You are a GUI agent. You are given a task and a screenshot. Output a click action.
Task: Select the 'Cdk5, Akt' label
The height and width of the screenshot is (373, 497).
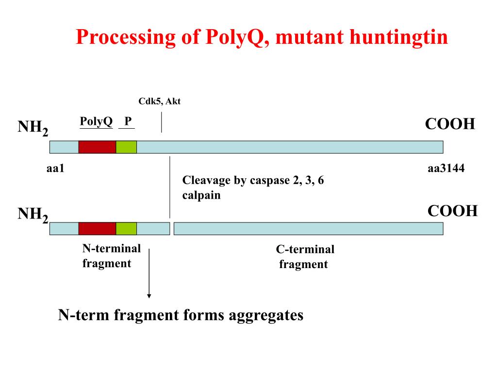(x=159, y=101)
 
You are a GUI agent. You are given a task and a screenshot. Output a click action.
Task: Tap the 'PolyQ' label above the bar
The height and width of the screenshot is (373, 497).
(x=96, y=121)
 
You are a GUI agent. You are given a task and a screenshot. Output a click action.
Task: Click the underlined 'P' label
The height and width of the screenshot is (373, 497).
(x=127, y=121)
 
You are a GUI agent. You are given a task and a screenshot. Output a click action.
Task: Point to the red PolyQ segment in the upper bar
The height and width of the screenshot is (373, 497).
(x=97, y=147)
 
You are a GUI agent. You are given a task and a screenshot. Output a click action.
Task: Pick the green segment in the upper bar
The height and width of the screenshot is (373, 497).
(x=126, y=147)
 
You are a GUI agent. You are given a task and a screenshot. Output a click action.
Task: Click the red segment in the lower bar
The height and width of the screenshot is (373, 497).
(x=97, y=228)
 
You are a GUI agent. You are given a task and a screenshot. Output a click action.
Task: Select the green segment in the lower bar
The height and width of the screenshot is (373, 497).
(x=126, y=228)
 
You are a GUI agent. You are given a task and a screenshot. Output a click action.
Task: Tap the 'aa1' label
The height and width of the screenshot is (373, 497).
(x=56, y=169)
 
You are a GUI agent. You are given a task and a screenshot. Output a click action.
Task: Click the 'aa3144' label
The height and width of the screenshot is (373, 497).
(x=446, y=169)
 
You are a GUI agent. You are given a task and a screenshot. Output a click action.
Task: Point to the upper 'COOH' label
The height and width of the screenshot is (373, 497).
(x=449, y=124)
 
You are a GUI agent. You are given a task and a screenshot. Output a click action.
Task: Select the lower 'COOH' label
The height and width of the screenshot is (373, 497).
(x=452, y=211)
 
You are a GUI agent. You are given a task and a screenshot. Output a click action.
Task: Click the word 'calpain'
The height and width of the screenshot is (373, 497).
(x=201, y=196)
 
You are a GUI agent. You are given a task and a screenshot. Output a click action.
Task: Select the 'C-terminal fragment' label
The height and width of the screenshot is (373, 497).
(x=305, y=257)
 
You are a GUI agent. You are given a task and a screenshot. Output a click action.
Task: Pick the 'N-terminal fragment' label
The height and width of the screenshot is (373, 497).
(x=111, y=256)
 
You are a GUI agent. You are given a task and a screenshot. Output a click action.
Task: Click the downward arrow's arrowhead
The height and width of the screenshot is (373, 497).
(x=149, y=295)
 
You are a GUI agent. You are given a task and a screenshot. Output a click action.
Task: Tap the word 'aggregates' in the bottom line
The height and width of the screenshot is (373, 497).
(x=266, y=315)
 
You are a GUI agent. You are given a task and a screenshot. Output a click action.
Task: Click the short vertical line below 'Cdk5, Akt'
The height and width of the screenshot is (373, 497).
(x=162, y=122)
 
